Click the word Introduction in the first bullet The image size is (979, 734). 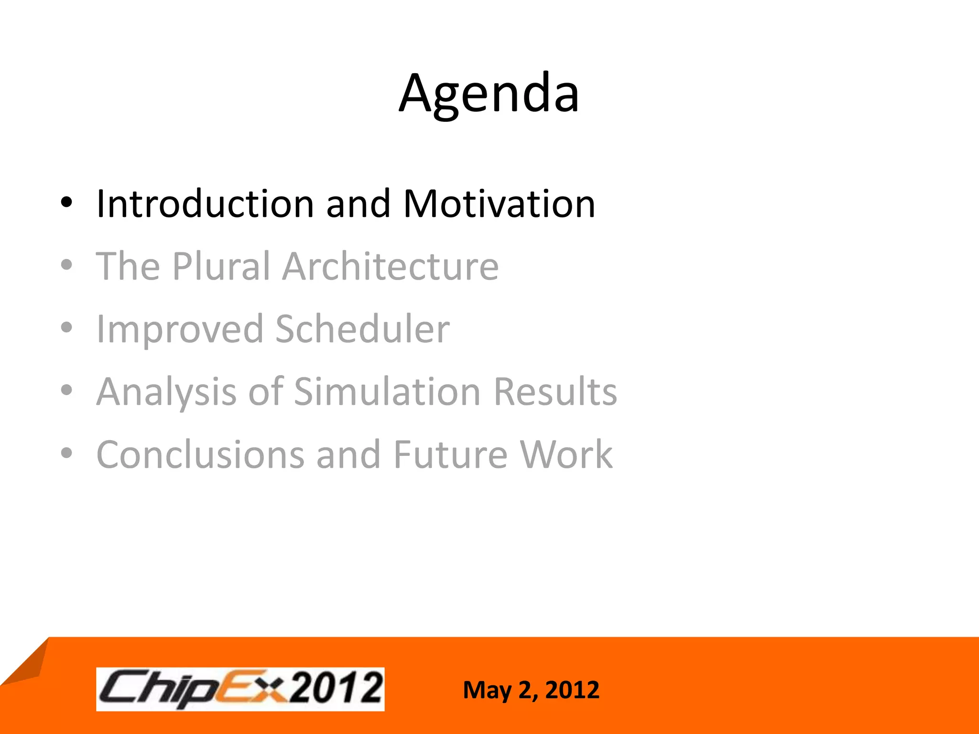coord(205,204)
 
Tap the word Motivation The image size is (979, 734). coord(499,204)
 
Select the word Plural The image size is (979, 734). coord(221,266)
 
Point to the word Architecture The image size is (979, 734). coord(390,266)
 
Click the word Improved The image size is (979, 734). coord(180,330)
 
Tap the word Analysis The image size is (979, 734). coord(166,392)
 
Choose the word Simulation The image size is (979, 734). coord(387,391)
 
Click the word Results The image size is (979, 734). coord(555,391)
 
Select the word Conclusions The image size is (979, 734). coord(200,454)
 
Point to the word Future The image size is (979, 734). coord(450,454)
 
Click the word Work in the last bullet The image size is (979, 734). coord(566,454)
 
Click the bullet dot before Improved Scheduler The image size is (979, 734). coord(67,328)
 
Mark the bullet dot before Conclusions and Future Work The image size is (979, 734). coord(67,453)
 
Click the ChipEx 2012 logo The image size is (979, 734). coord(240,689)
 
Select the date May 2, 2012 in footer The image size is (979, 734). coord(531,690)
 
